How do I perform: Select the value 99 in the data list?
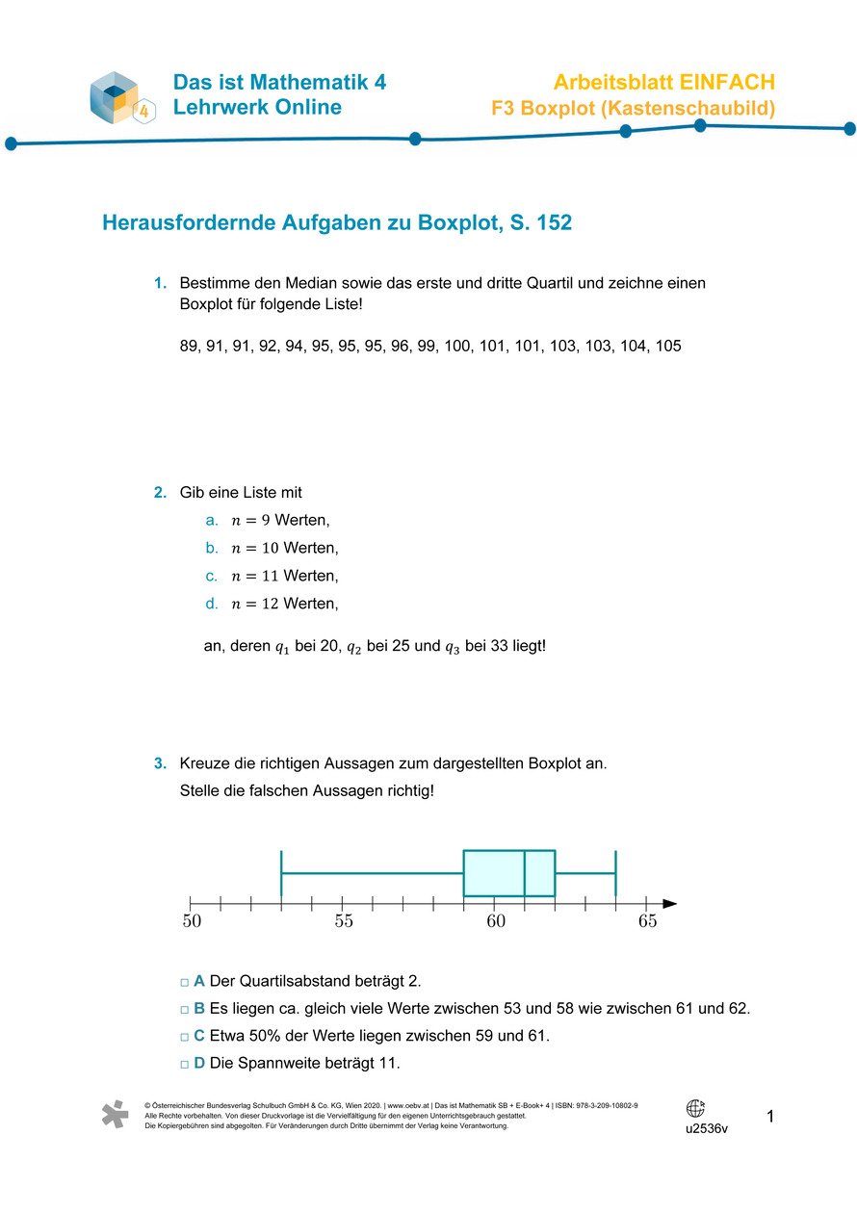coord(427,346)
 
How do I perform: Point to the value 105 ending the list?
coord(667,346)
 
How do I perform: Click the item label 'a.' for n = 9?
coord(212,521)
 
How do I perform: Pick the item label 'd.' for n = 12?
coord(212,605)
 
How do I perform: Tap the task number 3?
coord(160,764)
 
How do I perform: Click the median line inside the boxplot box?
coord(524,873)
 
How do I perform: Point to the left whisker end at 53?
coord(281,873)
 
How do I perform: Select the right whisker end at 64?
coord(615,873)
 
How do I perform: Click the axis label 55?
coord(344,922)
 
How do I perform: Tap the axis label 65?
coord(647,922)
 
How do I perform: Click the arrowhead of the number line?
coord(670,903)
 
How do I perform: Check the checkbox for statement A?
coord(184,982)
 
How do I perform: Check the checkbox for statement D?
coord(184,1065)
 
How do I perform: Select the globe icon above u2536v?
coord(696,1108)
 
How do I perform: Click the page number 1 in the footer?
coord(770,1117)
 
